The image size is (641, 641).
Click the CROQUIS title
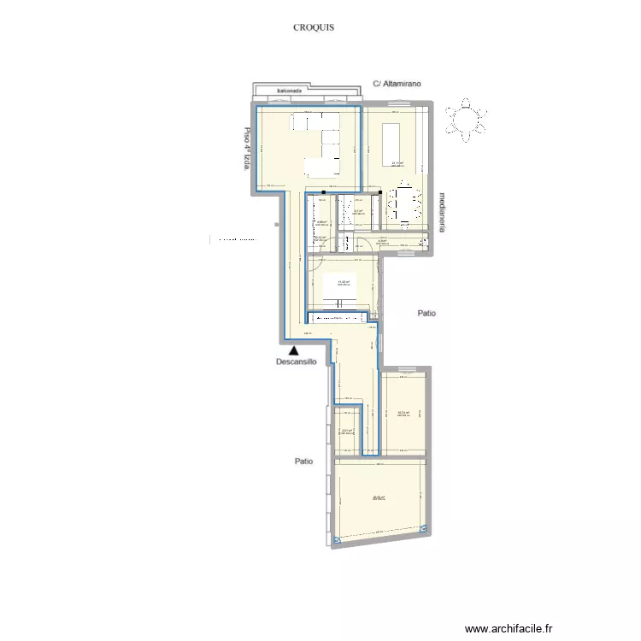click(313, 27)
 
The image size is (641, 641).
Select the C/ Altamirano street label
click(398, 84)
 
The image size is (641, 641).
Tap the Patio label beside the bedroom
click(426, 314)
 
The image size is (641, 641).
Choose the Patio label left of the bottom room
click(303, 462)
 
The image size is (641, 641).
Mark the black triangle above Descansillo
click(294, 349)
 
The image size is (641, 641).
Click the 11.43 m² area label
click(344, 282)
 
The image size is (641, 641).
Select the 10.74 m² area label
click(403, 414)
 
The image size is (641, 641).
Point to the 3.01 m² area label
click(347, 432)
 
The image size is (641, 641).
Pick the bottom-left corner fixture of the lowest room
click(339, 539)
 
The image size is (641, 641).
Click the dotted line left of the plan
click(236, 241)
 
